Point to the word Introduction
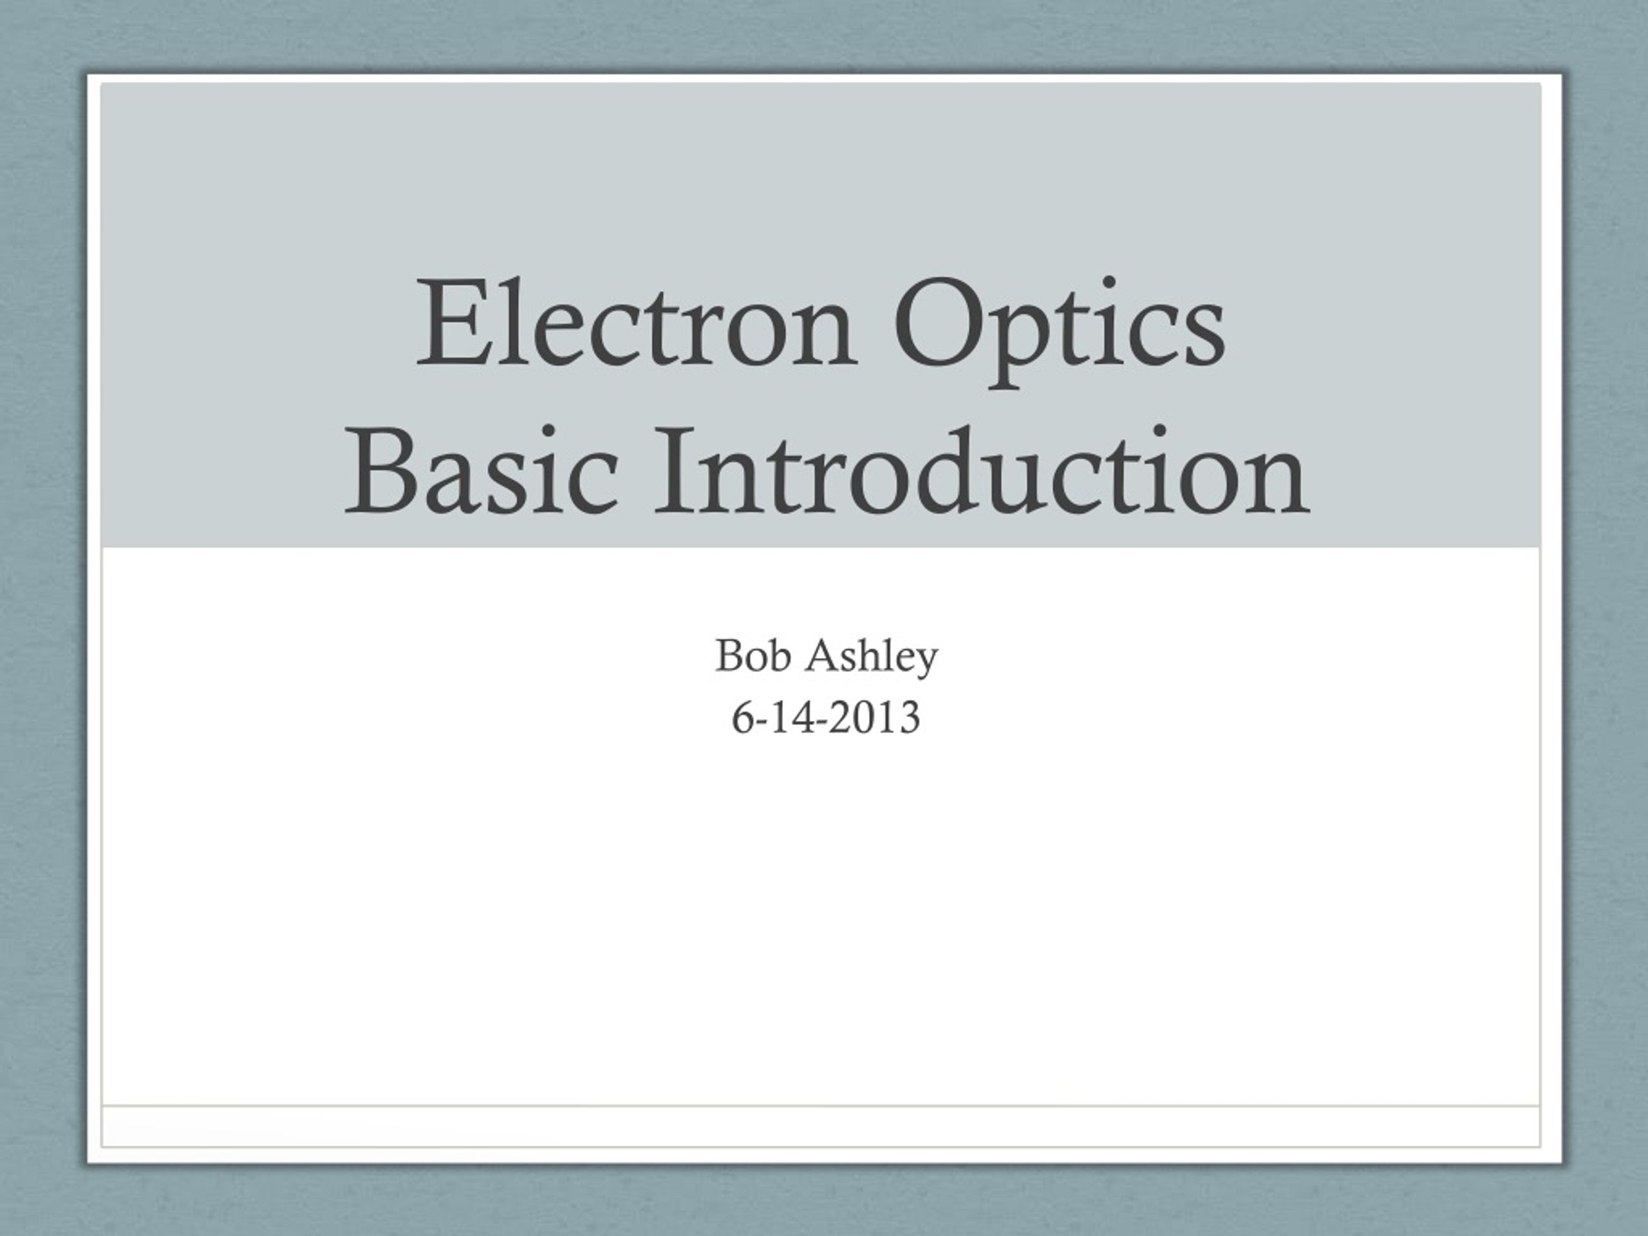980,470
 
